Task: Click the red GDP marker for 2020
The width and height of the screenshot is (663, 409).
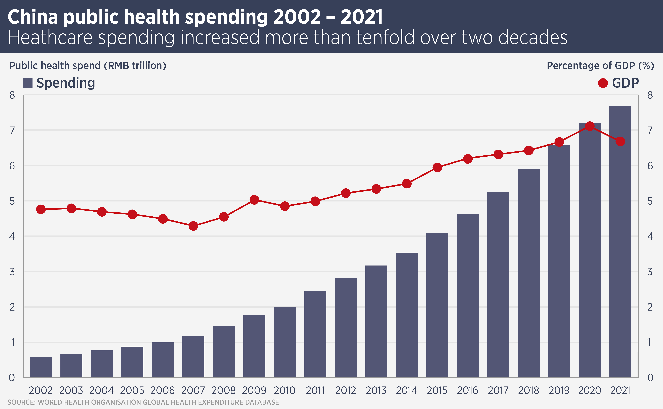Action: click(590, 126)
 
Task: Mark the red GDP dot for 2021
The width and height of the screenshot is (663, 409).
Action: click(620, 141)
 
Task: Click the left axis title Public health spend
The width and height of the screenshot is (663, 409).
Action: click(88, 66)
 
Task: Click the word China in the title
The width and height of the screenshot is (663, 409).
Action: click(33, 17)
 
